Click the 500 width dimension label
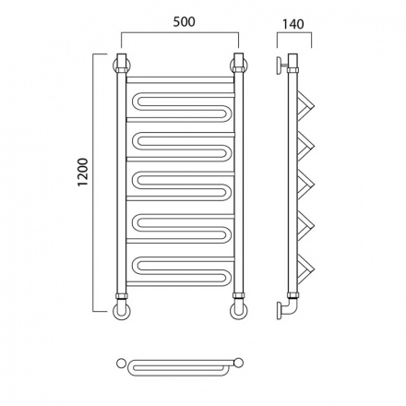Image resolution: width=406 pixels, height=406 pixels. [184, 22]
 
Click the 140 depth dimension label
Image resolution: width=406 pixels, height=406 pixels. [293, 24]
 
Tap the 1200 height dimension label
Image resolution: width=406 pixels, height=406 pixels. [83, 173]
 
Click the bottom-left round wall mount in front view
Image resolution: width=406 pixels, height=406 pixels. [122, 311]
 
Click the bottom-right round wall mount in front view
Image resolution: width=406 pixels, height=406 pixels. [239, 311]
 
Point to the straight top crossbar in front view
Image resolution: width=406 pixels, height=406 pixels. [180, 80]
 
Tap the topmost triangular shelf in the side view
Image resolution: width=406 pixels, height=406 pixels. [306, 105]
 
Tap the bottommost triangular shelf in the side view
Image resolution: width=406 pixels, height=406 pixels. [306, 269]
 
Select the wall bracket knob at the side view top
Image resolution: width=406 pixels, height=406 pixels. [281, 66]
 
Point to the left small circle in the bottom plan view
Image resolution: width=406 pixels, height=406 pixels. [121, 363]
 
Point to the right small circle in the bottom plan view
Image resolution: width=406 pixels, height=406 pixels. [239, 363]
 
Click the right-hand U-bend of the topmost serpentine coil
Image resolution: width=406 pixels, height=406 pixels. [228, 113]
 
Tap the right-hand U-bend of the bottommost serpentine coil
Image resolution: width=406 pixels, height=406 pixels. [228, 278]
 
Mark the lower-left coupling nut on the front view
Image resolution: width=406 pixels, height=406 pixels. [122, 296]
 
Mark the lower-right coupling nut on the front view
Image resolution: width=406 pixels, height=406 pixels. [239, 296]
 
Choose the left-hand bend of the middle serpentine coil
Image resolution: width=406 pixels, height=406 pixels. [135, 184]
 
